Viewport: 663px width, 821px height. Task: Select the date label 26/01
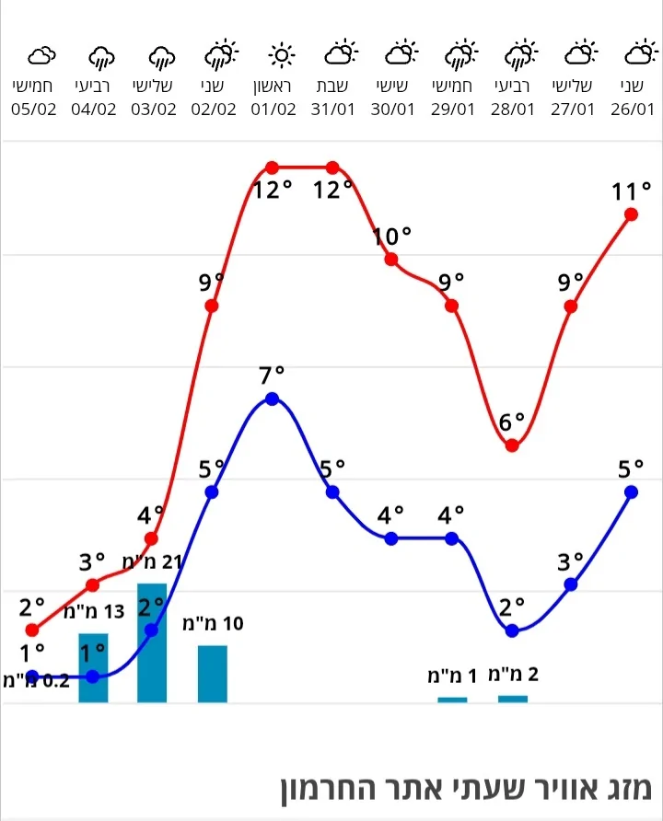pos(632,109)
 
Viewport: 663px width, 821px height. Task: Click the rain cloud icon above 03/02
pos(162,57)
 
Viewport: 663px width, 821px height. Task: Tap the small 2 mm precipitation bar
pos(513,699)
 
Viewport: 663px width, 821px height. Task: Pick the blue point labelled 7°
pos(272,399)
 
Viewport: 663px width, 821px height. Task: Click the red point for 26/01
pos(632,214)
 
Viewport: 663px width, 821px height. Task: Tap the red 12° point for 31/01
pos(332,168)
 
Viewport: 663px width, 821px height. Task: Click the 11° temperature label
pos(631,192)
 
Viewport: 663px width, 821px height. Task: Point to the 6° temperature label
pos(512,422)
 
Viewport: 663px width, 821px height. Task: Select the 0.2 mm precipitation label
pos(37,682)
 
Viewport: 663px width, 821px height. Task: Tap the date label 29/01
pos(452,109)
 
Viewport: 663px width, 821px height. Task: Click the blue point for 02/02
pos(212,491)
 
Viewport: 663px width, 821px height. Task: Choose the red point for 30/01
pos(391,260)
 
